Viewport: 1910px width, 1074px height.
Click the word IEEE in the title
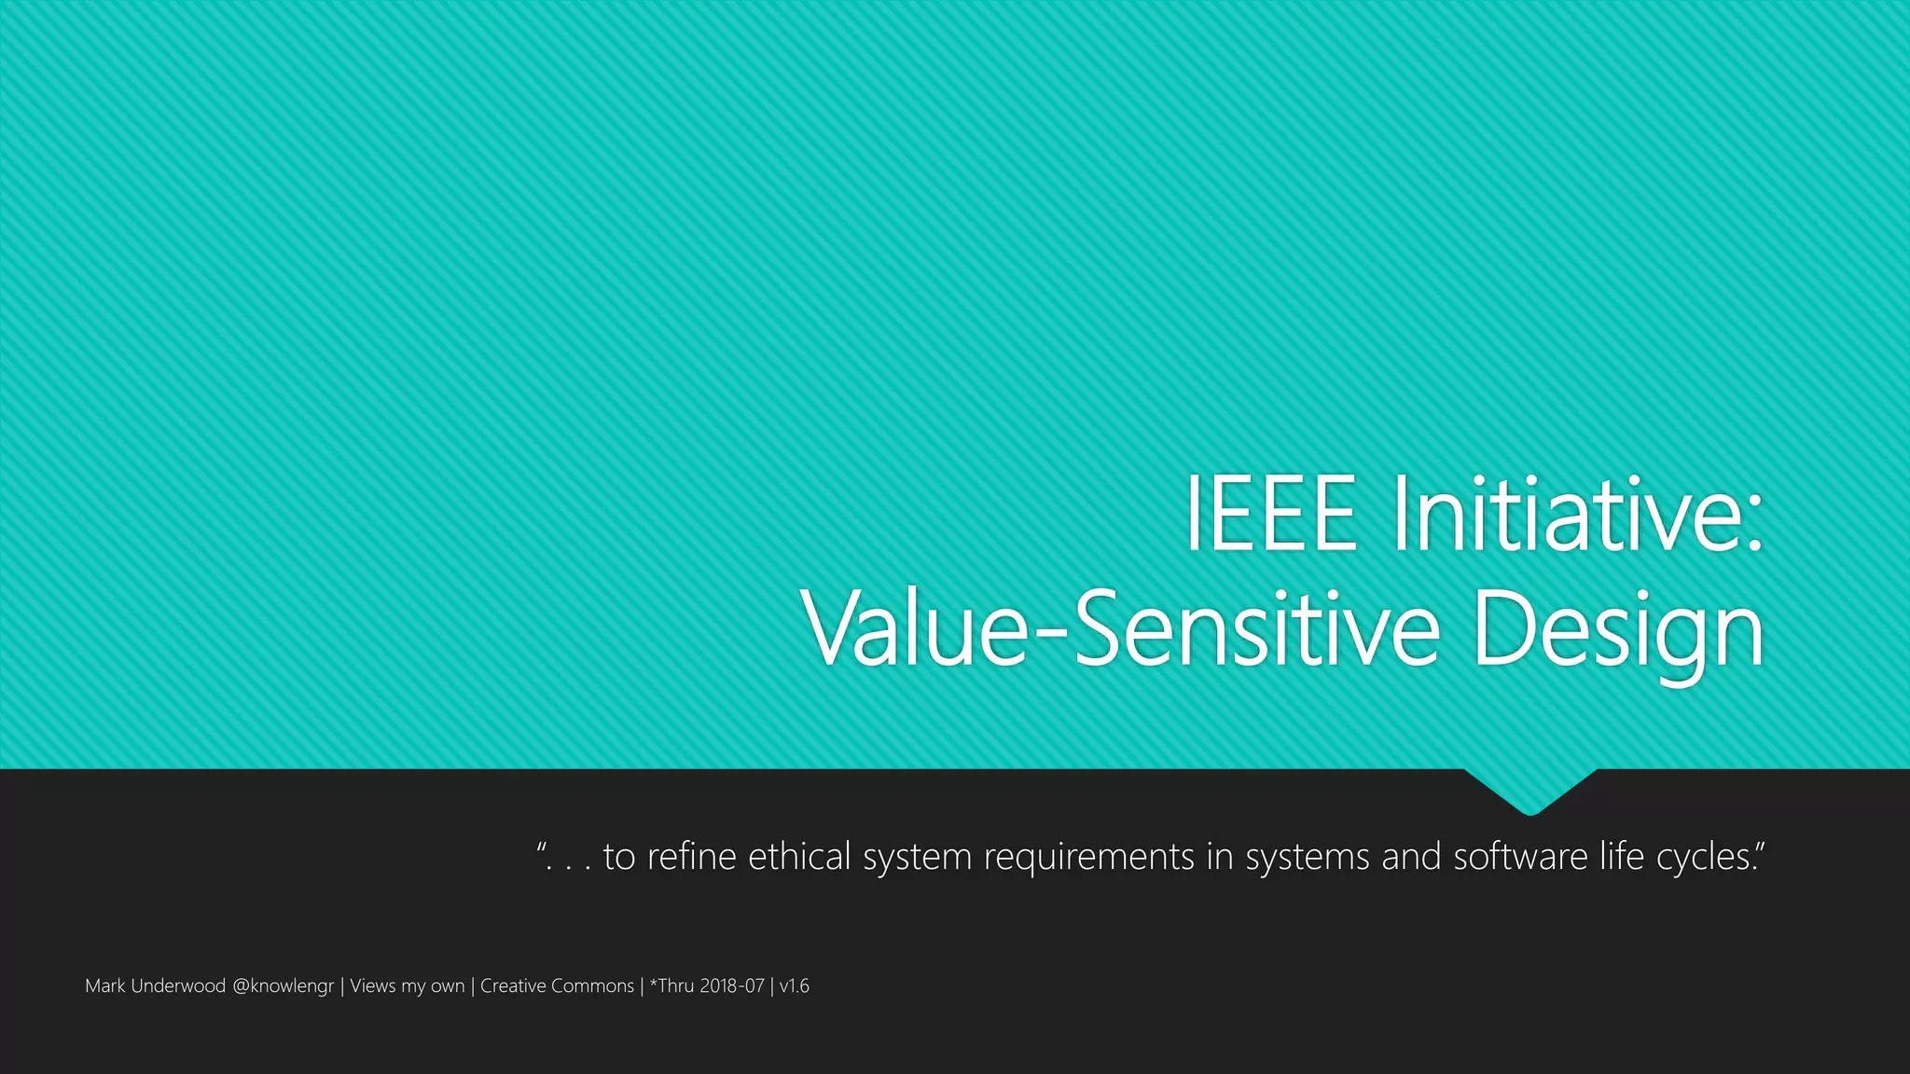[x=1270, y=515]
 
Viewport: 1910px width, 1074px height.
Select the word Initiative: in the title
[x=1577, y=515]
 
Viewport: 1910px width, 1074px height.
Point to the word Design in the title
[x=1619, y=632]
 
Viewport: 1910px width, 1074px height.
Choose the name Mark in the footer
[x=104, y=985]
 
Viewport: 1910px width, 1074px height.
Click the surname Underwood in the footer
[x=178, y=985]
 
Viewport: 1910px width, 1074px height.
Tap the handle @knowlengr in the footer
[x=283, y=986]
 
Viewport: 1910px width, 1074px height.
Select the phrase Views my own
[x=407, y=986]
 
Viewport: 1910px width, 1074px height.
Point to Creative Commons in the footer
[x=557, y=985]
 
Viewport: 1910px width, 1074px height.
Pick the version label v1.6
[x=795, y=985]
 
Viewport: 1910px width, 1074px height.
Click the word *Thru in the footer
[x=672, y=985]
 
